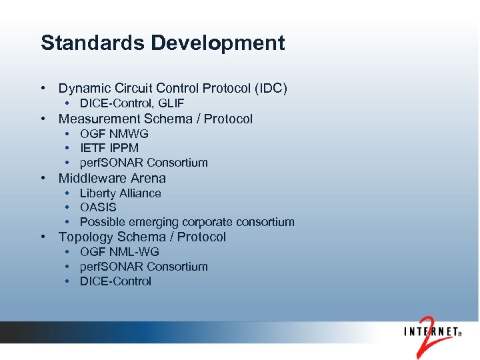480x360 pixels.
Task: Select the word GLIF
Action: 172,103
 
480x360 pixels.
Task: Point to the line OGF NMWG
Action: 114,134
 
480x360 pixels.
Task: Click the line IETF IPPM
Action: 109,148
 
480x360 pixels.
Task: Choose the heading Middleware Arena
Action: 112,178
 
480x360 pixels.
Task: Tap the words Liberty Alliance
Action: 121,193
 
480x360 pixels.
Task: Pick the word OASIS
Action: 98,207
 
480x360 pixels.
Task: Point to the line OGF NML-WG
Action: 119,252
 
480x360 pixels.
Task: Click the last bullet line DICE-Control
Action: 115,281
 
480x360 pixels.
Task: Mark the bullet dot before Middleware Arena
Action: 42,178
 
